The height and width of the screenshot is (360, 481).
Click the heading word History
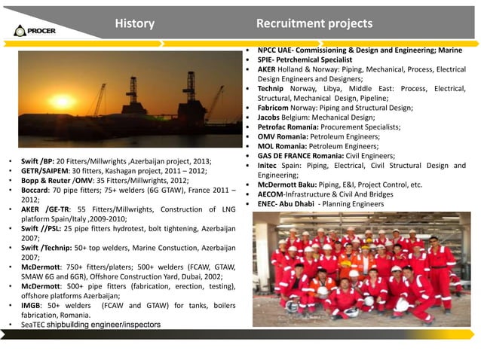click(134, 23)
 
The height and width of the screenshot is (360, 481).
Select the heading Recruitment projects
click(314, 23)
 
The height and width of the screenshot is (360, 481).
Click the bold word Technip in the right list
click(271, 89)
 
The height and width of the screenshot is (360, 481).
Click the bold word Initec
click(269, 166)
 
